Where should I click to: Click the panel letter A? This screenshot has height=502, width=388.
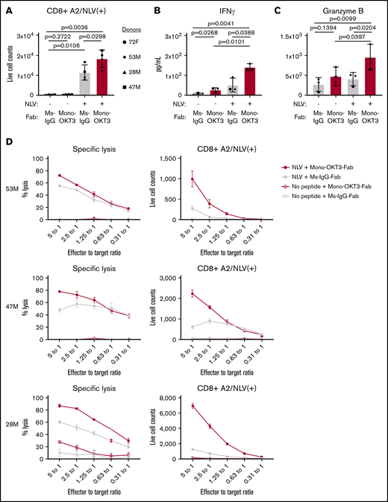6,7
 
